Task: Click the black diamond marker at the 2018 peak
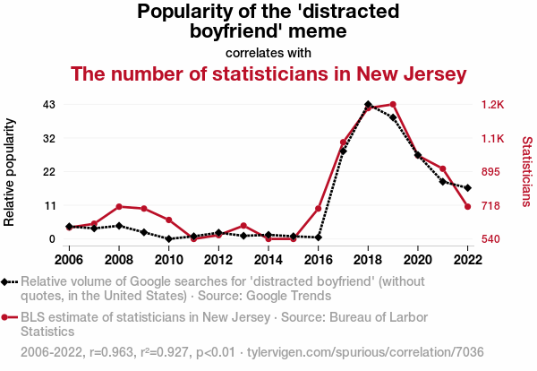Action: point(368,105)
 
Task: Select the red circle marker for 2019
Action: point(393,105)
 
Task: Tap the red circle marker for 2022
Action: point(468,207)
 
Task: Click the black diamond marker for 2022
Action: point(468,188)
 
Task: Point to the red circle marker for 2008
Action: point(119,207)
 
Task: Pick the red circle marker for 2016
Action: point(319,209)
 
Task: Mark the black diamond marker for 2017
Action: point(343,151)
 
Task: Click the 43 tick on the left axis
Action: point(50,105)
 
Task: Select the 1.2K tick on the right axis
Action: point(493,105)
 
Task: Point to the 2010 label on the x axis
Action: point(168,259)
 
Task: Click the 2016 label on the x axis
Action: point(318,259)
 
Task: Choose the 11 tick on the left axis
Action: point(50,205)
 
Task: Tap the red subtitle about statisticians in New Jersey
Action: point(268,73)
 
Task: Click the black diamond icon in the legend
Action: point(9,282)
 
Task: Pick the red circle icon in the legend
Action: point(9,317)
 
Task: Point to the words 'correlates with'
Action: point(268,52)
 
